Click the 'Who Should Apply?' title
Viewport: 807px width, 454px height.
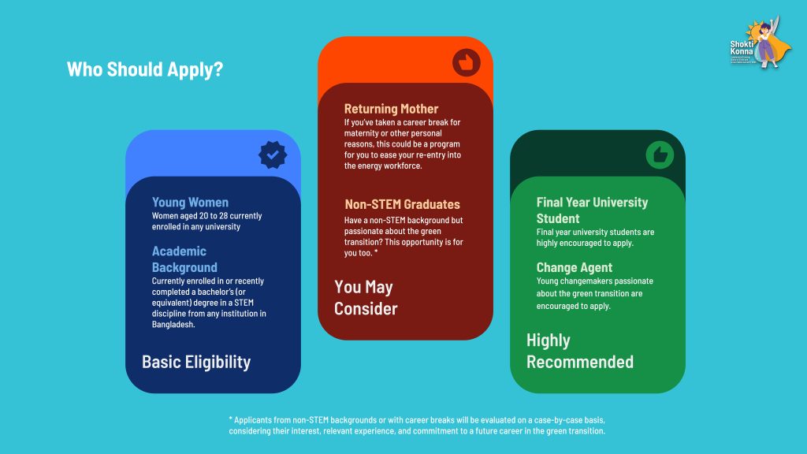[145, 69]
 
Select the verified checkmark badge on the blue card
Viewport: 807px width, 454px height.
[273, 155]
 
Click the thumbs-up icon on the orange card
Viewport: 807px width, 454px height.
[466, 62]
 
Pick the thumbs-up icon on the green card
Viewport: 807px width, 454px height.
[659, 155]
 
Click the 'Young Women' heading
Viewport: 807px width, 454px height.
[190, 203]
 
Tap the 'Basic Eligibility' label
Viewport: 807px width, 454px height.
[196, 362]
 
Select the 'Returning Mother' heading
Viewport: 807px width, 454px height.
[391, 109]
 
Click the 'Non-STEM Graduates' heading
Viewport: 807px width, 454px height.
[402, 204]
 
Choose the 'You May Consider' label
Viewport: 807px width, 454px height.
[366, 297]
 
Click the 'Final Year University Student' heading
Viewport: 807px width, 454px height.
[592, 210]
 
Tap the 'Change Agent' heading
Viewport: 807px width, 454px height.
[575, 267]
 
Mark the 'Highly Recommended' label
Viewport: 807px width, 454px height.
[579, 351]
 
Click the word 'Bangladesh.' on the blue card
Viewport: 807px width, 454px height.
[173, 324]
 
